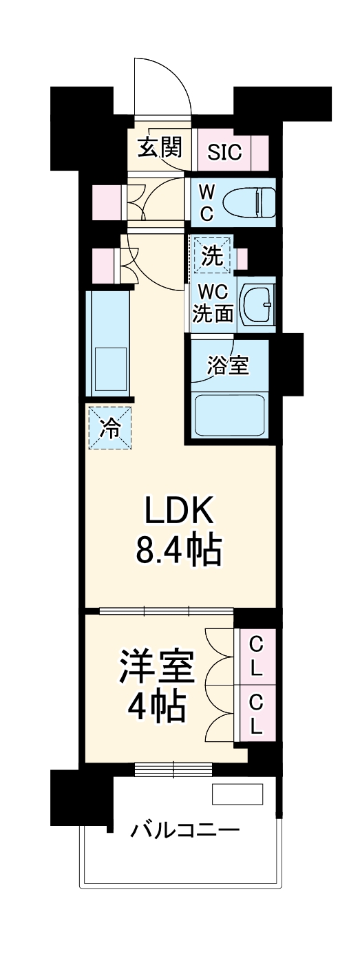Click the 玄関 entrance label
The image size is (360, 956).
click(x=159, y=148)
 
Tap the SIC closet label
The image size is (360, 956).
click(x=224, y=152)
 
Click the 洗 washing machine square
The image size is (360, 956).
click(x=212, y=257)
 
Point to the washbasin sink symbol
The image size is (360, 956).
click(x=260, y=304)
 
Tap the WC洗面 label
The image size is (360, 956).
click(x=213, y=304)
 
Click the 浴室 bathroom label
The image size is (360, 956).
click(x=228, y=365)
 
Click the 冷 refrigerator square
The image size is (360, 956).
click(x=109, y=429)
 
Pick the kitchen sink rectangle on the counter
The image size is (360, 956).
click(x=110, y=368)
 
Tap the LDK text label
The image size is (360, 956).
click(x=180, y=513)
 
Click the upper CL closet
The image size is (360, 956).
click(x=255, y=655)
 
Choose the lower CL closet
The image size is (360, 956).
click(x=255, y=714)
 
